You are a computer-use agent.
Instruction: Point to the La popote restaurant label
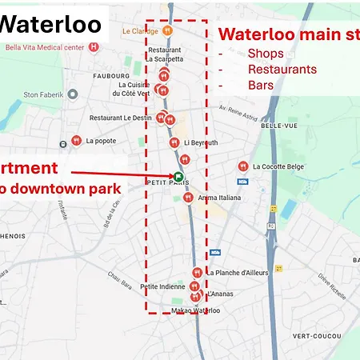(101, 141)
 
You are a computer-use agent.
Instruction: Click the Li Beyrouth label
(200, 142)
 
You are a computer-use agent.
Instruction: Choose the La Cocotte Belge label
(278, 166)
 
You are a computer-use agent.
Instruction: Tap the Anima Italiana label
(218, 198)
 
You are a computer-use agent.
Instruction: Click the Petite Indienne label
(162, 286)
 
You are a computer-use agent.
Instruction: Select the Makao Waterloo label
(195, 310)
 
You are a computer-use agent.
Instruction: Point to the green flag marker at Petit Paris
(178, 177)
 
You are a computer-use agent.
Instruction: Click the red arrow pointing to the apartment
(120, 173)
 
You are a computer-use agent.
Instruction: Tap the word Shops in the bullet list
(266, 54)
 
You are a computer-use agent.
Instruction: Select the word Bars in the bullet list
(261, 84)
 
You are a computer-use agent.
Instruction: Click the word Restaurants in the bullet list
(282, 69)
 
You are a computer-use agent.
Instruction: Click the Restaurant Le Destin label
(120, 118)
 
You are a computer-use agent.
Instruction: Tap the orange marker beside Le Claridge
(166, 30)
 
